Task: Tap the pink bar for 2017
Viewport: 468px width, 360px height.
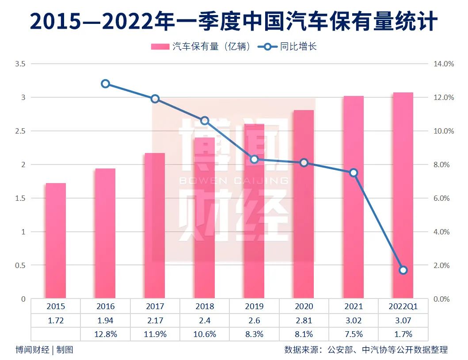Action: [155, 225]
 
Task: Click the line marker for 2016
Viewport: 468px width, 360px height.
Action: [105, 84]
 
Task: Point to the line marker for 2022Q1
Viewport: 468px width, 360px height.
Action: [403, 270]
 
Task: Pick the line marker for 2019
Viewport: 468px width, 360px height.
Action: [254, 159]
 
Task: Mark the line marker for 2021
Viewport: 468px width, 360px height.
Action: [353, 172]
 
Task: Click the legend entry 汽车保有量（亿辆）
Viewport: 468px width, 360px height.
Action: [201, 46]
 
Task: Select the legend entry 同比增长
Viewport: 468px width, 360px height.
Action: [287, 46]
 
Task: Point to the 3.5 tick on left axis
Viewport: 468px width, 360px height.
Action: [20, 64]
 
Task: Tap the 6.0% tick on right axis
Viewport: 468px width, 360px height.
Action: [441, 198]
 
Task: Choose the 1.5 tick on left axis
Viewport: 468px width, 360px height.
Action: [20, 198]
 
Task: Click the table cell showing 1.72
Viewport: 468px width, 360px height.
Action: [56, 320]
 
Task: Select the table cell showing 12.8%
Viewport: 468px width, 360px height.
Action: [105, 334]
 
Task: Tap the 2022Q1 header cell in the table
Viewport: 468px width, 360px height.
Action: [403, 306]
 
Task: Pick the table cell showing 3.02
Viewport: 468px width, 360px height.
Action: [353, 320]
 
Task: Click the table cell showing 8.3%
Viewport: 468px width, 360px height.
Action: [254, 334]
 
